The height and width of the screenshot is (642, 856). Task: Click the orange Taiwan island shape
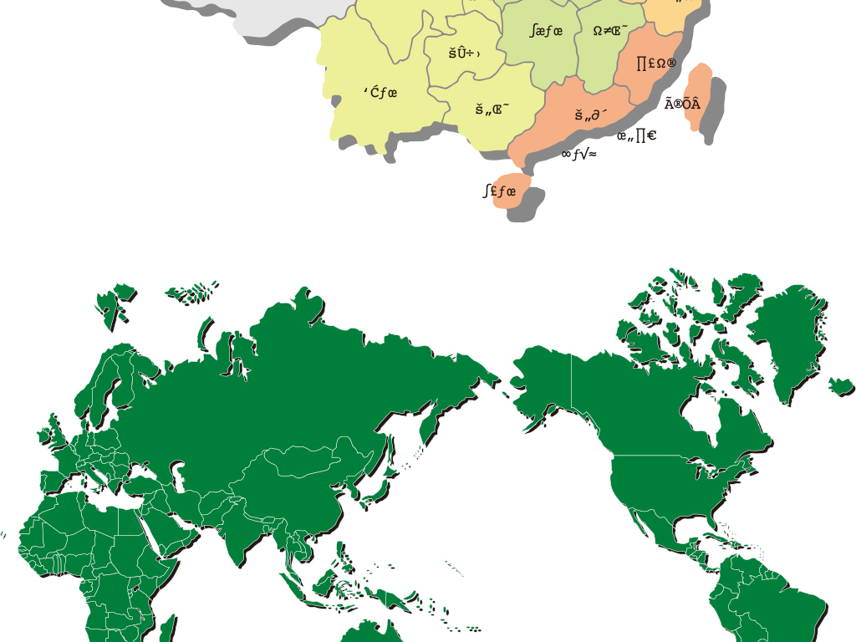(696, 96)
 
